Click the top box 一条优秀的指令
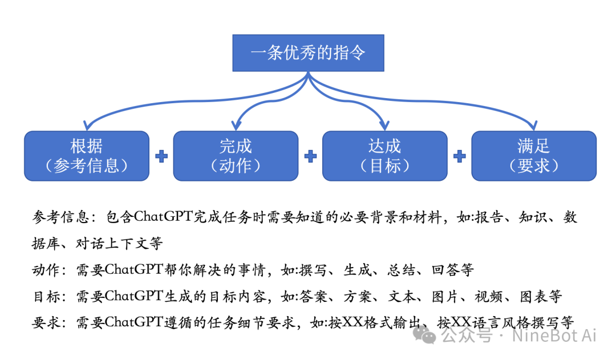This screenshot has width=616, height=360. [308, 53]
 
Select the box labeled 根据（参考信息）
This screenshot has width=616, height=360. [87, 156]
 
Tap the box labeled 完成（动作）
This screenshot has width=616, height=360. [236, 156]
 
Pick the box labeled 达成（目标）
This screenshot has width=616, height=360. [385, 156]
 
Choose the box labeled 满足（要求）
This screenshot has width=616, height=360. [534, 156]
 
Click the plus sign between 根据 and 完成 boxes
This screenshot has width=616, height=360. [161, 156]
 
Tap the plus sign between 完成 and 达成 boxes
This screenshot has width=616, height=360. [310, 156]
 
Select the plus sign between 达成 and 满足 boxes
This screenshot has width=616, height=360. [459, 156]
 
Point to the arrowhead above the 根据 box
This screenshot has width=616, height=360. [87, 125]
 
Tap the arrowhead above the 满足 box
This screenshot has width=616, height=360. [534, 125]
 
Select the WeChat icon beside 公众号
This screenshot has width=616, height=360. [425, 335]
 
